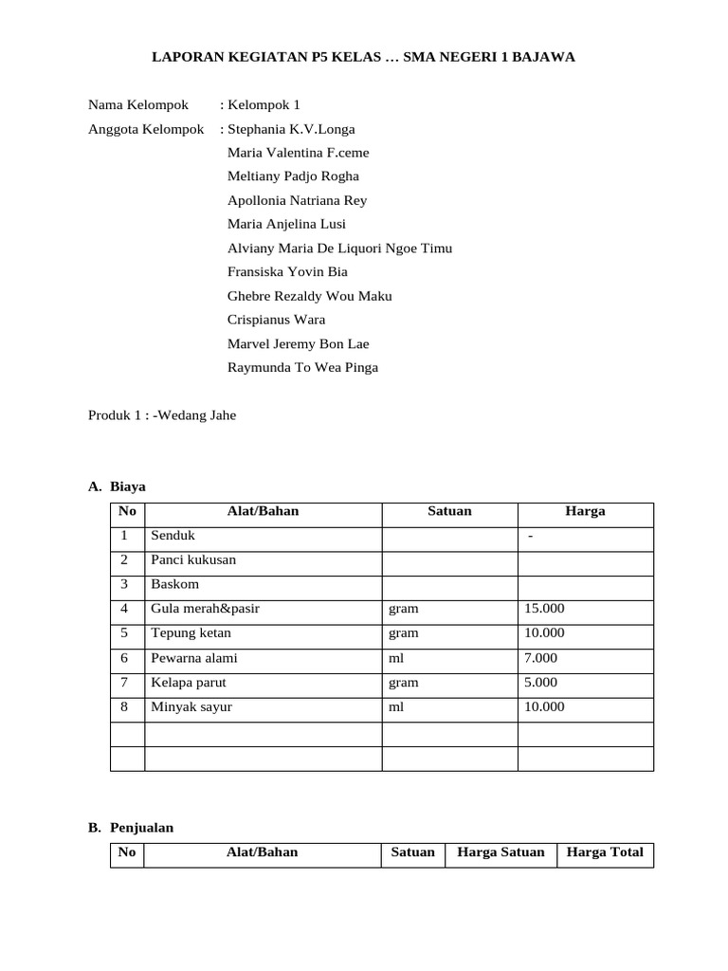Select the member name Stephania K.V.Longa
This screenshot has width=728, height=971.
point(291,129)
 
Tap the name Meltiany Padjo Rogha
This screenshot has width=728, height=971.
point(293,176)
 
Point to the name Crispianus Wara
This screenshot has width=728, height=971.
point(276,320)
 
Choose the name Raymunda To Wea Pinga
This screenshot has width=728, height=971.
point(302,367)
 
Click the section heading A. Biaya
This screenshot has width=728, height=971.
point(118,486)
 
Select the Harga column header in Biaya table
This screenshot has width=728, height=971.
point(585,511)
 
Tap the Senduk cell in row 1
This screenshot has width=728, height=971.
point(173,536)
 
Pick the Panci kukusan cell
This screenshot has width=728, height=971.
point(193,559)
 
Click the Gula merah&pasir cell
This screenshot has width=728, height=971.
point(205,609)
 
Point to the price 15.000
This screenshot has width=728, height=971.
point(544,609)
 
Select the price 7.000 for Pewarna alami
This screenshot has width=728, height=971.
point(540,657)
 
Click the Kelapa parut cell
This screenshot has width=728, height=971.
point(189,682)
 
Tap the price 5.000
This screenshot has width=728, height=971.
point(540,682)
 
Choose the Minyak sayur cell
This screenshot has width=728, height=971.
point(191,706)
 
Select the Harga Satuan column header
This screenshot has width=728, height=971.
point(500,852)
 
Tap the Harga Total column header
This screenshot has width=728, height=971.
point(605,852)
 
